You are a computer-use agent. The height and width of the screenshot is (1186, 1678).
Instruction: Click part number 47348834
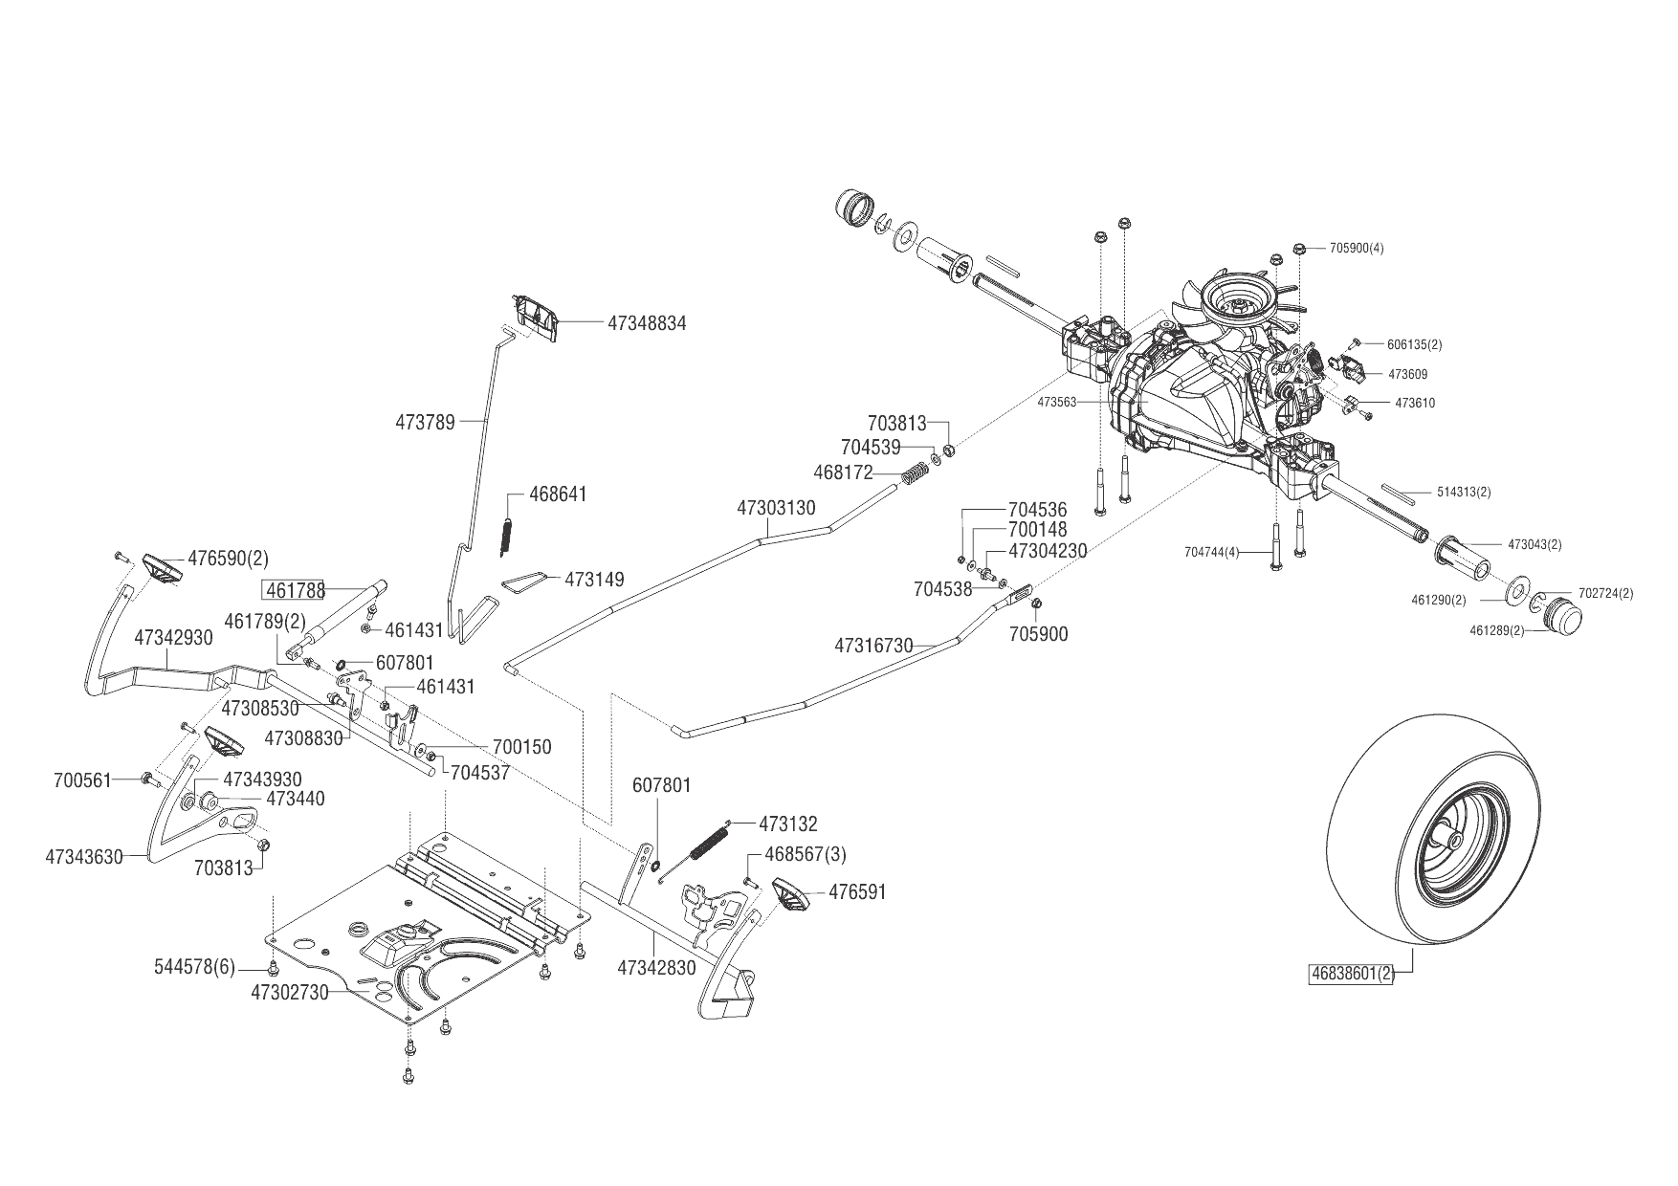click(647, 324)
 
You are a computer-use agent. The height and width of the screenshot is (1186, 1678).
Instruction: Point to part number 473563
click(1057, 403)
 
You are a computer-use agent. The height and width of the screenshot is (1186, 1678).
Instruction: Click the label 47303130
click(776, 508)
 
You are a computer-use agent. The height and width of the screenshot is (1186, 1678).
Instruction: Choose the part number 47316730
click(873, 646)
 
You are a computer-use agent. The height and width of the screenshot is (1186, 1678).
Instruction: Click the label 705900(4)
click(1357, 249)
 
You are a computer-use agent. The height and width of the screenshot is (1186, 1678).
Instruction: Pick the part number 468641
click(559, 494)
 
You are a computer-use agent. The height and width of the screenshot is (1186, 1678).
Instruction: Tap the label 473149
click(594, 580)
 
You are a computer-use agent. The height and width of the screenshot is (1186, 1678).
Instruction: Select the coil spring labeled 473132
click(709, 843)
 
